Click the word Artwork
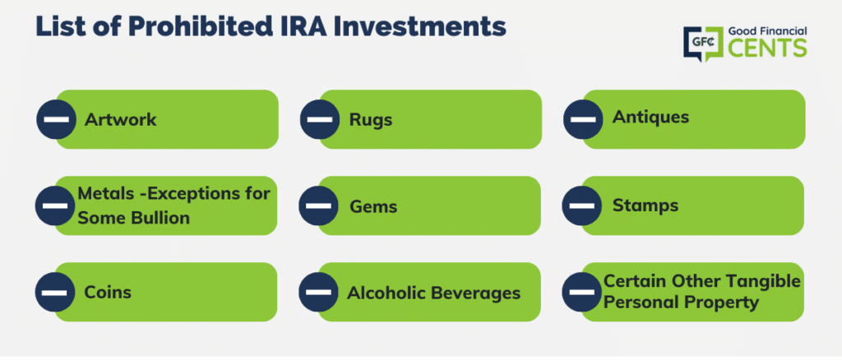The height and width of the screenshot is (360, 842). tap(120, 119)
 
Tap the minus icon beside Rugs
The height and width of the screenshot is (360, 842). tap(320, 119)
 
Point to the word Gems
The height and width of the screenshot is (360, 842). tap(373, 206)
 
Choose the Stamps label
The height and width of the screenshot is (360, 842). tap(645, 205)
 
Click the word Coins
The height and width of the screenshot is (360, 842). tap(108, 293)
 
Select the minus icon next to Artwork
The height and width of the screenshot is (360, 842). tap(57, 119)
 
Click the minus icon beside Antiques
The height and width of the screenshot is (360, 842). tap(583, 119)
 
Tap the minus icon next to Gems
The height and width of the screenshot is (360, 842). tap(318, 206)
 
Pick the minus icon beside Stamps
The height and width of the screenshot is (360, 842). tap(581, 206)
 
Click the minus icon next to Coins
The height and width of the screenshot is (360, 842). tap(55, 293)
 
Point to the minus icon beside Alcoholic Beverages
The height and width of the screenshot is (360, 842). tap(318, 293)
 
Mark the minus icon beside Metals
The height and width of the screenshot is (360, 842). tap(55, 206)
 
